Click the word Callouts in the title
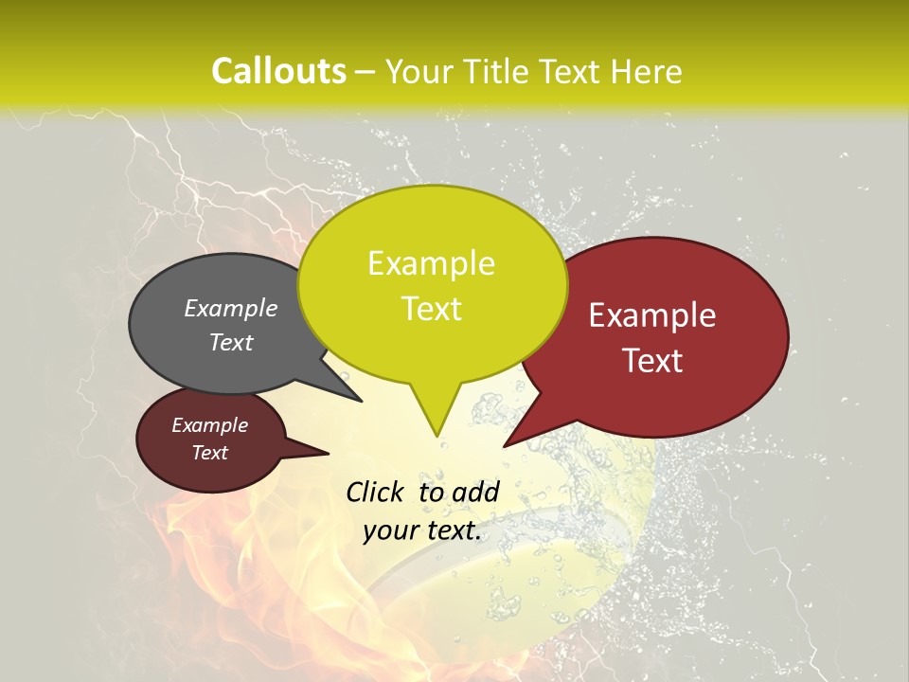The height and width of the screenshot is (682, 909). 278,72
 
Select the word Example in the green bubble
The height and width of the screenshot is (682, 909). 431,263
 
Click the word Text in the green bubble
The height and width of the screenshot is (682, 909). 431,309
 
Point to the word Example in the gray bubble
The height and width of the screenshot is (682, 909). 231,309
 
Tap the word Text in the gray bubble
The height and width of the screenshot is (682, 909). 231,343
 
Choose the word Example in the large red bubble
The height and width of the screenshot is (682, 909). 652,315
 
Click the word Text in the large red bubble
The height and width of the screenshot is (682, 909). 652,361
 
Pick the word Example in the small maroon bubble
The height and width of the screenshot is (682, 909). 209,425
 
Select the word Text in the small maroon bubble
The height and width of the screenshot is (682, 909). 209,453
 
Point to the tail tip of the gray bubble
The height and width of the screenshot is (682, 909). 361,401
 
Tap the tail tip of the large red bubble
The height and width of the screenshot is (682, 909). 505,445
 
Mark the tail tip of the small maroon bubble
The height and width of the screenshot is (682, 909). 328,453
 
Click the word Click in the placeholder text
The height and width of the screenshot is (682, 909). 377,492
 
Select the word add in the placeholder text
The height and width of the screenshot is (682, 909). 475,492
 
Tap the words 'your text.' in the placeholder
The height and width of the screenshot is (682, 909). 422,530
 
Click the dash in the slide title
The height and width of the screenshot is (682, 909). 366,72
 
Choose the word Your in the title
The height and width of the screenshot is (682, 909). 416,72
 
